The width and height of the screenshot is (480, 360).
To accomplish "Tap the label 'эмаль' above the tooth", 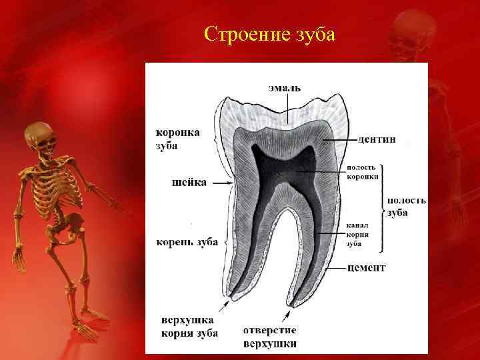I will point(285,87).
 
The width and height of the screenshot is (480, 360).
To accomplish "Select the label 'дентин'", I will point(377,139).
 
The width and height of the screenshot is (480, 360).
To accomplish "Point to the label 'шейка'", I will point(189,181).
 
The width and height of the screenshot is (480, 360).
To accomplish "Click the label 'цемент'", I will point(367,267).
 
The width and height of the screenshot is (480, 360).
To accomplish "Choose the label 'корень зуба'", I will point(187,241).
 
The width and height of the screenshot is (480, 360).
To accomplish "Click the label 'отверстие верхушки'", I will point(270,337).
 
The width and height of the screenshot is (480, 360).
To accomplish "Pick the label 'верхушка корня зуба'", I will point(189,326).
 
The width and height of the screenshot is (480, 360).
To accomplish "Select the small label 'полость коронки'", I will point(363,171).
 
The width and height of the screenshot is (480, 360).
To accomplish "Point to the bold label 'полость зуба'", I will point(407,206).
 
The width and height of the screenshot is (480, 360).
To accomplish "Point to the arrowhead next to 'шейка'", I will point(230,182).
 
